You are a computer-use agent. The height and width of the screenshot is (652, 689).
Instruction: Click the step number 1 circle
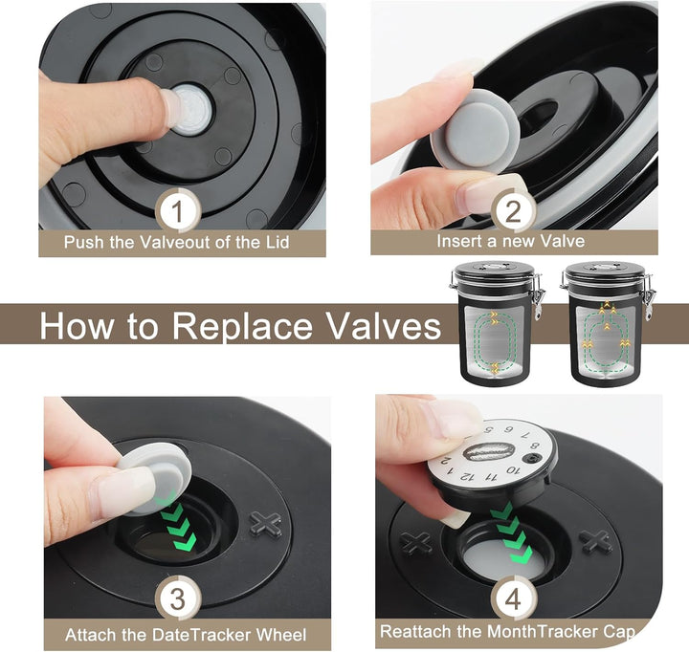[177, 211]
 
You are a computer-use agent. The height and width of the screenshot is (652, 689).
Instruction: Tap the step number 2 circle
[513, 211]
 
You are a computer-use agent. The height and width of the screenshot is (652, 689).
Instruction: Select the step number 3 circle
[177, 598]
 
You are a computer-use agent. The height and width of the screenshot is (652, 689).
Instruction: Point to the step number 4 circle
[513, 598]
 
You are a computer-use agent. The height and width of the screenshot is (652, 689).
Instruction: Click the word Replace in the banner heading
[240, 325]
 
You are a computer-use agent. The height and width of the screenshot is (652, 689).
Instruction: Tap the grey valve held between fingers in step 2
[475, 129]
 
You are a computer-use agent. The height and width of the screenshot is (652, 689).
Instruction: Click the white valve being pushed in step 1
[190, 109]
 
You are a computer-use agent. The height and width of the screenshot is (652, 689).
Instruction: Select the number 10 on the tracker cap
[513, 470]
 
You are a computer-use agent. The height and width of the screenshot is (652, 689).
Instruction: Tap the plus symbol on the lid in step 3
[265, 524]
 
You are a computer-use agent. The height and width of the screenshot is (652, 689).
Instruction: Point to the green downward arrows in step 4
[511, 533]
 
